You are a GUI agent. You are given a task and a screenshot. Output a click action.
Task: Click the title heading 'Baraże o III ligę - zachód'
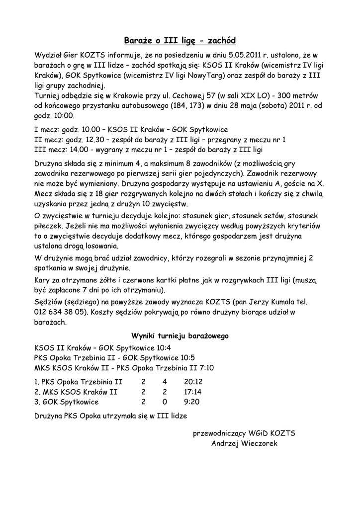click(180, 40)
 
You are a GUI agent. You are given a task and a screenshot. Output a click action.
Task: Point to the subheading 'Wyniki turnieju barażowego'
click(180, 336)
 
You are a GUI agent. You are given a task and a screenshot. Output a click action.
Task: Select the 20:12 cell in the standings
click(193, 382)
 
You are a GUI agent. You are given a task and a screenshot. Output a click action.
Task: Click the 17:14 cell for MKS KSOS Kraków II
click(193, 392)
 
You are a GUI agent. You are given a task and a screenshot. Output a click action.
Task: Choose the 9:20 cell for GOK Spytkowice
click(192, 402)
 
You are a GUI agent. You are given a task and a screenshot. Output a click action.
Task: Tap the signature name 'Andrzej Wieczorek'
click(244, 443)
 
